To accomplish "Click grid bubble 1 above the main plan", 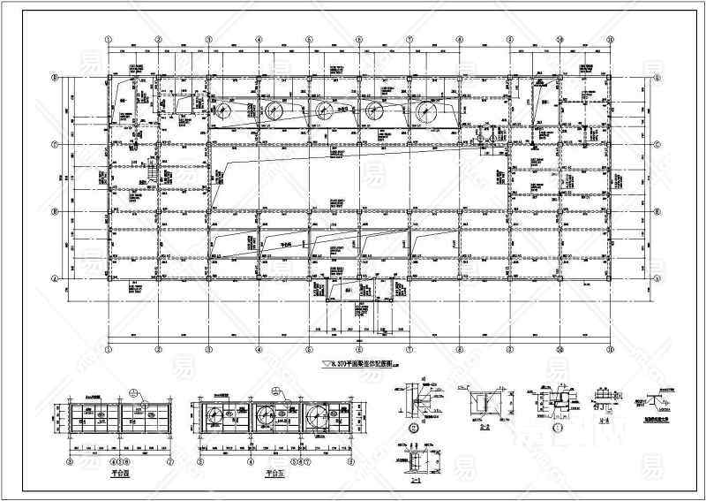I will [108, 39].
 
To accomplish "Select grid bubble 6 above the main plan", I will [359, 39].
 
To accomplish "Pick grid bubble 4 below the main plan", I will [259, 349].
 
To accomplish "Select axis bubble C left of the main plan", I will [55, 145].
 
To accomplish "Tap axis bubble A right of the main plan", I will [658, 278].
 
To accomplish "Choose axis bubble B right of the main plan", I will [658, 212].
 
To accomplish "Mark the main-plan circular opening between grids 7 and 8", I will [427, 110].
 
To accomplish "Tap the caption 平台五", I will [274, 473].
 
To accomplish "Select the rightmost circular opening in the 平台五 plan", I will [315, 417].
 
